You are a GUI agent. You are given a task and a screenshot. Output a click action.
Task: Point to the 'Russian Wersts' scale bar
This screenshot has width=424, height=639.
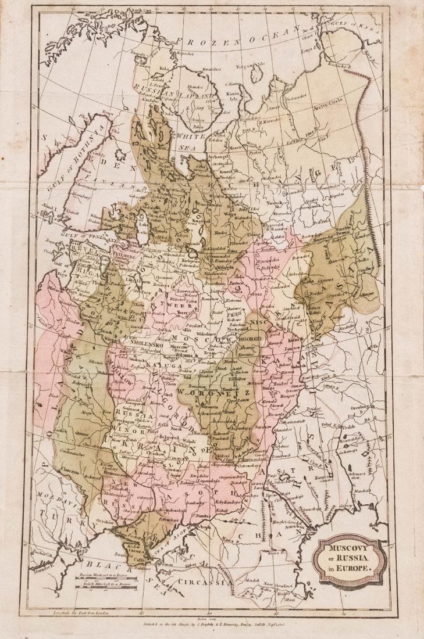tap(105, 579)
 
